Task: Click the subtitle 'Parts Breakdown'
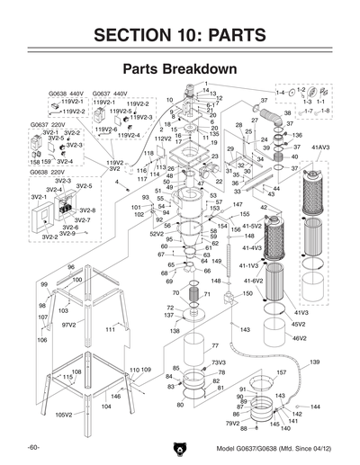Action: pos(179,69)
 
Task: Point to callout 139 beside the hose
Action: pos(315,362)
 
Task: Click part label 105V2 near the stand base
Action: pos(64,415)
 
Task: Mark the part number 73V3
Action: pos(218,362)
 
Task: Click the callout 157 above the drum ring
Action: pos(281,371)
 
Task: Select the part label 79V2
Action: pos(231,423)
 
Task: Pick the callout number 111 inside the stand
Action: pos(111,330)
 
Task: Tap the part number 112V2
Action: pos(162,139)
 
